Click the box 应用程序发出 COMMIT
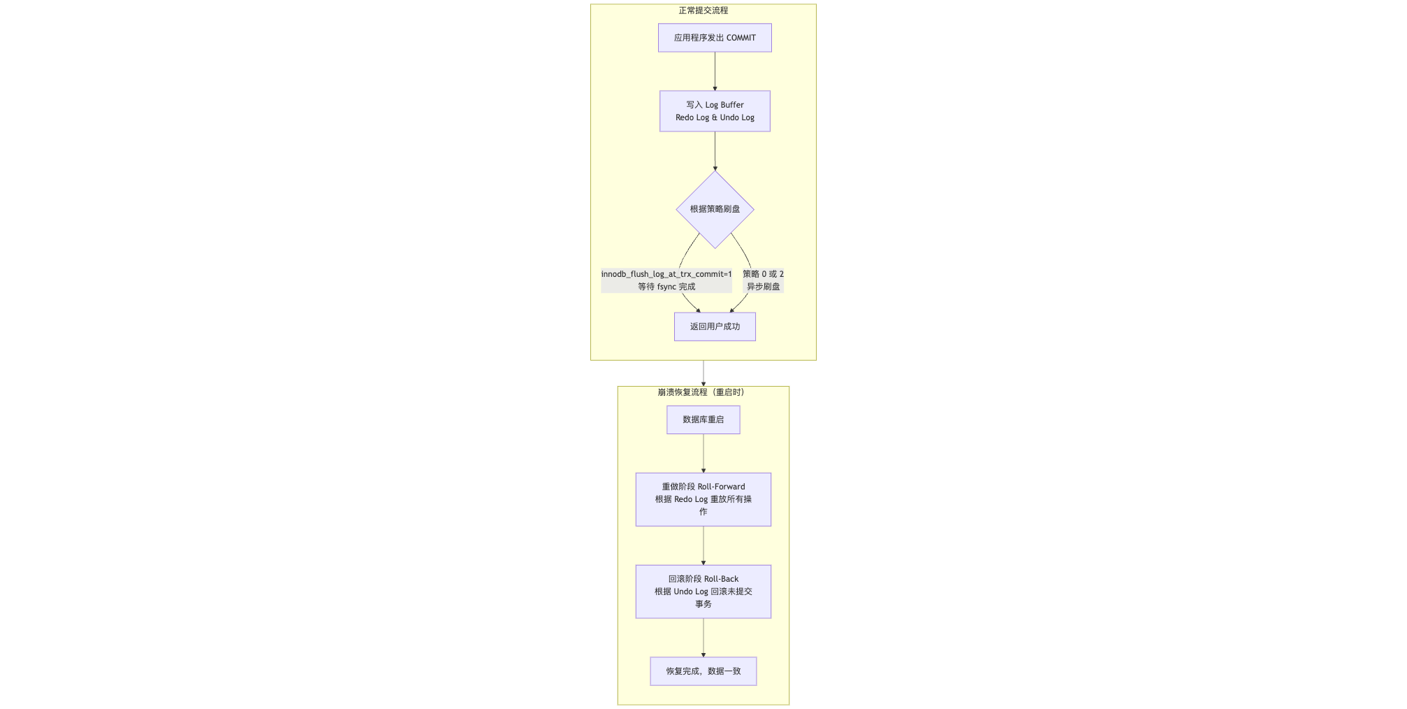pos(714,38)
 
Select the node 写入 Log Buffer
pos(714,111)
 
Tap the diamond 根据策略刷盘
pos(715,209)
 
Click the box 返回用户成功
pos(715,327)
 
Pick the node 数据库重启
pos(703,420)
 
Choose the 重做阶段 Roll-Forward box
pos(703,499)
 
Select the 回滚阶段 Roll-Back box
pos(703,592)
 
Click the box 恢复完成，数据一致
pos(703,671)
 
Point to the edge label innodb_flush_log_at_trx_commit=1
pos(666,274)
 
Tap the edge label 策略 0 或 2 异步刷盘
pos(763,280)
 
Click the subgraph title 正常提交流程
pos(703,10)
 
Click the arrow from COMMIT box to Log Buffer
pos(715,71)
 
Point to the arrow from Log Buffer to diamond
pos(715,151)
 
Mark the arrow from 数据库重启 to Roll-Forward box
pos(703,453)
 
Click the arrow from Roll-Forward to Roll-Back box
pos(703,545)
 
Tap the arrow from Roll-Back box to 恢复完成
pos(703,638)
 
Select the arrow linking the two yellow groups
pos(703,373)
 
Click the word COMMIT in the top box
pos(741,38)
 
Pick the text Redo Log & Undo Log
pos(715,117)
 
